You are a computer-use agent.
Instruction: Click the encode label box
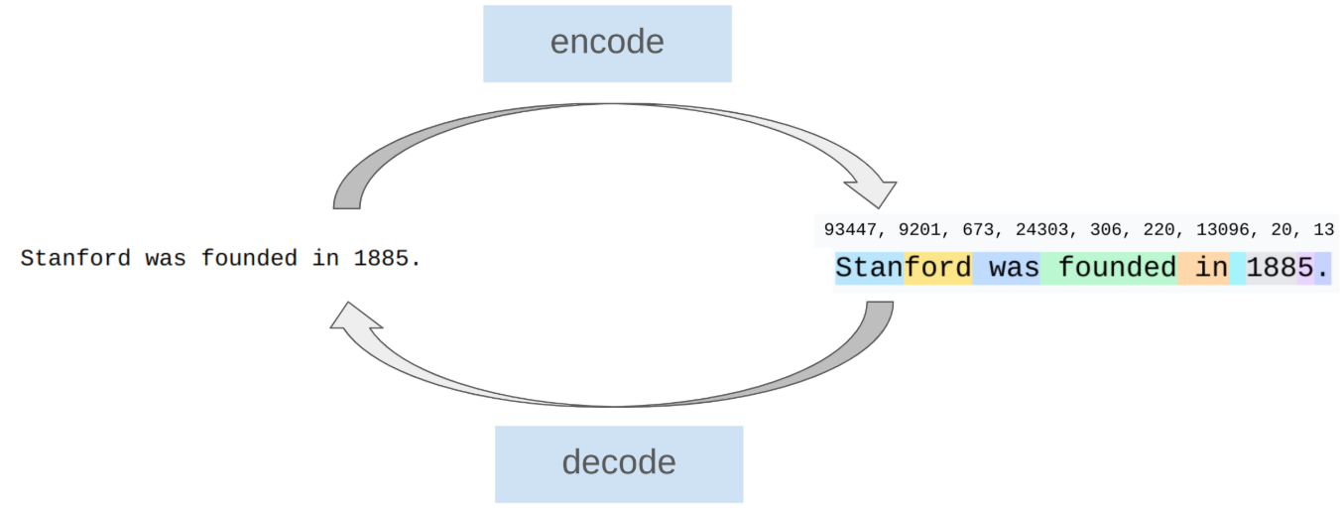point(607,44)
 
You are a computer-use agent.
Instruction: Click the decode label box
point(619,463)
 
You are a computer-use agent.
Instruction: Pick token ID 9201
point(919,230)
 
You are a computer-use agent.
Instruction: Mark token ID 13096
point(1222,230)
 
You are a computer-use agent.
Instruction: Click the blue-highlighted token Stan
point(869,268)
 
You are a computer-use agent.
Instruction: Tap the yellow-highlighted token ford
point(937,268)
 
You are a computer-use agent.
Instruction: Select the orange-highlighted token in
point(1203,268)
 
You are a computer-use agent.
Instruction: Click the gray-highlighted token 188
point(1271,268)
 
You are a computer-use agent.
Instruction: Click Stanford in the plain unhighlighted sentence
point(75,259)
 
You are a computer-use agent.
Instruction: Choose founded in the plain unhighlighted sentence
point(249,259)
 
